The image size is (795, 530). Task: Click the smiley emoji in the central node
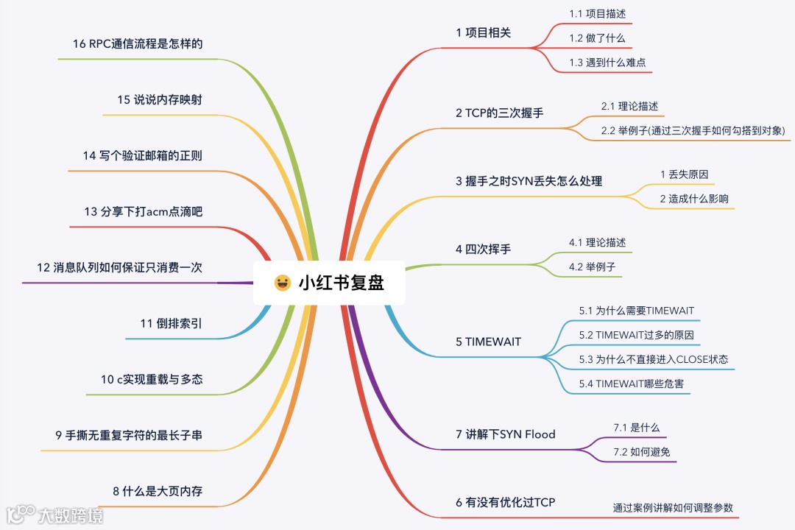pos(282,283)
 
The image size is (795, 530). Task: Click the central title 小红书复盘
pos(341,283)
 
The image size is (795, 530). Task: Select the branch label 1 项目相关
pos(483,32)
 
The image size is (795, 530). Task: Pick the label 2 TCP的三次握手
pos(500,113)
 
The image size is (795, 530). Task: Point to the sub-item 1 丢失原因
pos(684,174)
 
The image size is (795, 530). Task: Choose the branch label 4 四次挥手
pos(483,249)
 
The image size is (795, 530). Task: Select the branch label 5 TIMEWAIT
pos(488,342)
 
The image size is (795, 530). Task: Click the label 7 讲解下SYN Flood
pos(505,434)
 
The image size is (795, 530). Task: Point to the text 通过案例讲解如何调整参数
pos(673,508)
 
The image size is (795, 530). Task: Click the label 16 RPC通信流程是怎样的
pos(138,43)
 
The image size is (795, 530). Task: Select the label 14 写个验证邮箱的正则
pos(143,155)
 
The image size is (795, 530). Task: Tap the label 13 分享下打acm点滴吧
pos(143,212)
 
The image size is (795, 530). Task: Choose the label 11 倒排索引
pos(171,323)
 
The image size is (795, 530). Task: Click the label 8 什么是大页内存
pos(158,491)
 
